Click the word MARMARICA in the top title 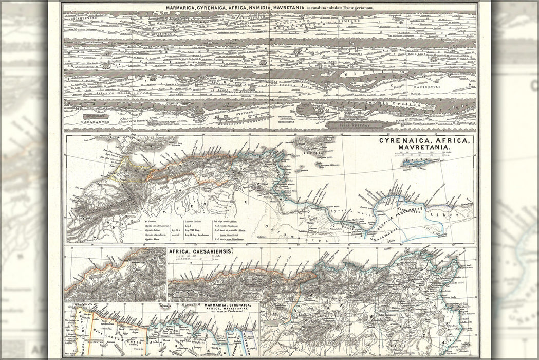point(182,9)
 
